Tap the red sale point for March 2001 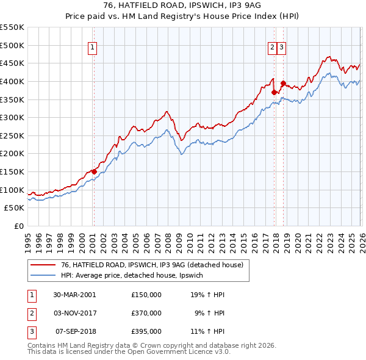pos(94,171)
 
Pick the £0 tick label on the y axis pos(18,226)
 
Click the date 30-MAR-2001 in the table pos(74,294)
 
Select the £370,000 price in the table pos(146,313)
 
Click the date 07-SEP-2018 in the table pos(75,332)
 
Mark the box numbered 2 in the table pos(30,313)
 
